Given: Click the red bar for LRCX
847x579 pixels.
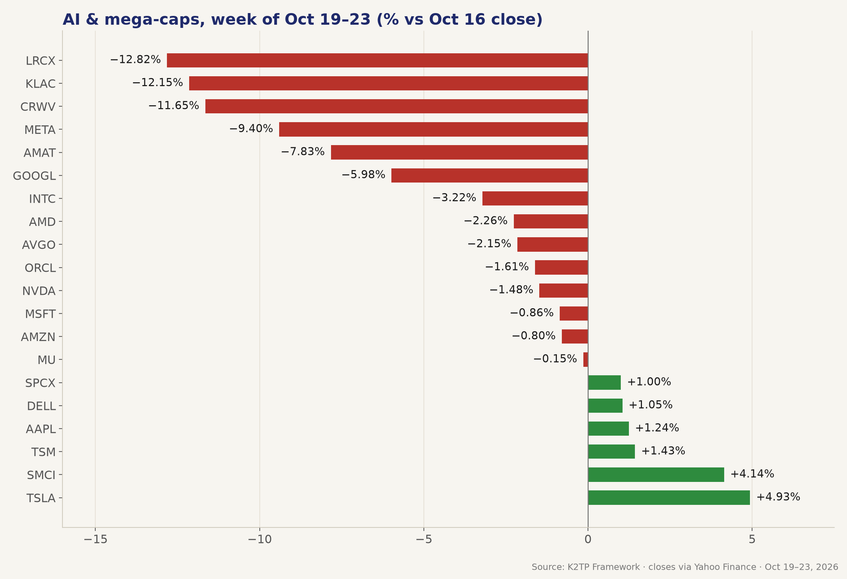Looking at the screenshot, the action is [x=377, y=60].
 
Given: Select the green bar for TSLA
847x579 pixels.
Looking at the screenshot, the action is [x=669, y=497].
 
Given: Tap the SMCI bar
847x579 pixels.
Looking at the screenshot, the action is [x=656, y=474].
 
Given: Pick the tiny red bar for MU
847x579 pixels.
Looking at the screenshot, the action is [x=585, y=359].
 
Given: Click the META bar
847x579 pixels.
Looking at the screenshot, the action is [x=433, y=130].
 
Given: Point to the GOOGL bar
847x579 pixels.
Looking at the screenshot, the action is [x=489, y=175].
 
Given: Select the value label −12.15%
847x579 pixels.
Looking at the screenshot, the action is [x=157, y=82].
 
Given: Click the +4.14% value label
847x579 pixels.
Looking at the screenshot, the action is [x=752, y=474].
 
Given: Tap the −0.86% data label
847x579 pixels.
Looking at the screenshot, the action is [x=531, y=312].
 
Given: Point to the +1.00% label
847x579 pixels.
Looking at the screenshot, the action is [x=649, y=382].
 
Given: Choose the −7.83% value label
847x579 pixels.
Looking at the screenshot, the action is [x=302, y=151].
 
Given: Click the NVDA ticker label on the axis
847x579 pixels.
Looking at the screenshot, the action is [x=38, y=291].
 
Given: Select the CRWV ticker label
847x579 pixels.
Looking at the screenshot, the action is [x=38, y=107].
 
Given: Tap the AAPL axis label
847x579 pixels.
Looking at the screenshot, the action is [x=41, y=429].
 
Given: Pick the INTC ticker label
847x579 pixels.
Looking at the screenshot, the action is [x=42, y=199].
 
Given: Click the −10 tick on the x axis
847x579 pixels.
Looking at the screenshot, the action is [x=259, y=539].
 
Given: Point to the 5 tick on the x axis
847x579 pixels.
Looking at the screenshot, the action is [x=752, y=539].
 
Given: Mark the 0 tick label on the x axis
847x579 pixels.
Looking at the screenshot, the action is [x=588, y=539].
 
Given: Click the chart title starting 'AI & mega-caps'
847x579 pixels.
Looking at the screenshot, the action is [x=302, y=19].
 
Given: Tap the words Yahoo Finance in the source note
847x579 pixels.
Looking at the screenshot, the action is [x=725, y=567].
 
